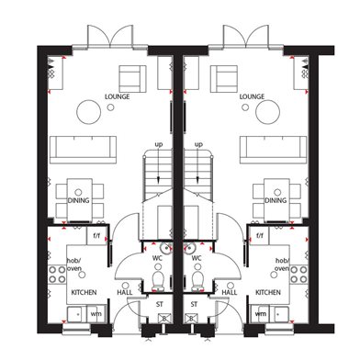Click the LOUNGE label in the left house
click(118, 96)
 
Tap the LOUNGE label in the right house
click(252, 96)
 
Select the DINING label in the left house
click(78, 200)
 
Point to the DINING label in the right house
click(276, 200)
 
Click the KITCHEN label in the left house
click(84, 292)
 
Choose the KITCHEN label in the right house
click(268, 292)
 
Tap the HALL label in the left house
click(125, 292)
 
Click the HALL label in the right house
click(230, 292)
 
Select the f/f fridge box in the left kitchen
click(96, 235)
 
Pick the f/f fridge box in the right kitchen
click(260, 235)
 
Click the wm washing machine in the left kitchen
click(96, 314)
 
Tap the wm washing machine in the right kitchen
click(261, 314)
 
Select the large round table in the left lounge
click(89, 112)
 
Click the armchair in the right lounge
click(224, 79)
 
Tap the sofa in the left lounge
click(83, 150)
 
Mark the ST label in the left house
click(160, 305)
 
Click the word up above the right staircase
click(199, 144)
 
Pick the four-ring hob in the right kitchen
click(299, 275)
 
